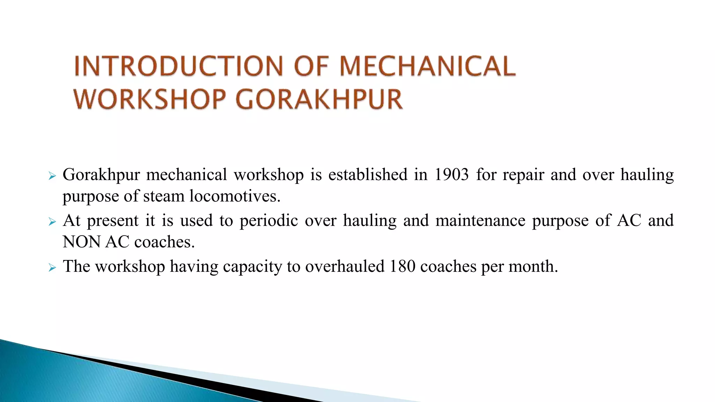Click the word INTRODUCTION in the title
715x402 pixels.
pos(178,66)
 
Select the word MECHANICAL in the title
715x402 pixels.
pos(427,66)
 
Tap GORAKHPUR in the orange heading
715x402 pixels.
pos(319,99)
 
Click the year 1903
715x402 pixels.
pos(451,174)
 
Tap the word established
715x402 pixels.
pos(368,174)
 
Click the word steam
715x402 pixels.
pos(163,196)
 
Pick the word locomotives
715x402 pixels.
pos(235,196)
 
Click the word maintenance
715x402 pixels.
pos(480,221)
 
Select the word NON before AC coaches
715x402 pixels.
pos(81,242)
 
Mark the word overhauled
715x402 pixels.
pos(345,266)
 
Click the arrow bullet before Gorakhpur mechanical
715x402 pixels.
pos(52,176)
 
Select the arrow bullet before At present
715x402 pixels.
pos(52,222)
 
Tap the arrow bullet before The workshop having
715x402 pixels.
pos(52,268)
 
